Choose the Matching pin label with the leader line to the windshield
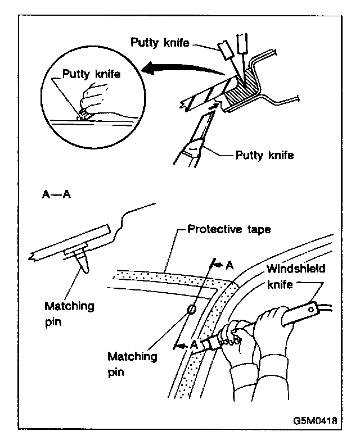[133, 364]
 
